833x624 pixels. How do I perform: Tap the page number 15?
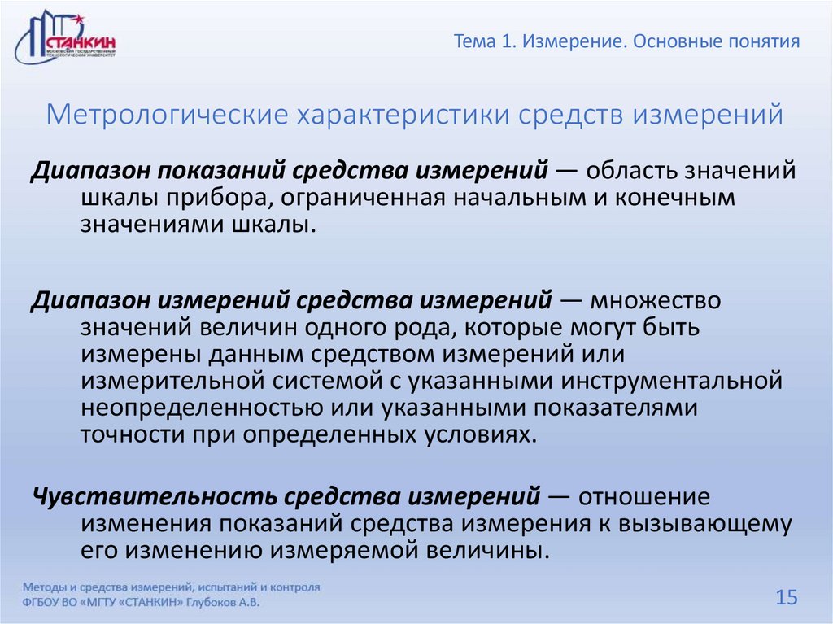pos(787,598)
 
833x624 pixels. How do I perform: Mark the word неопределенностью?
pos(195,406)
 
